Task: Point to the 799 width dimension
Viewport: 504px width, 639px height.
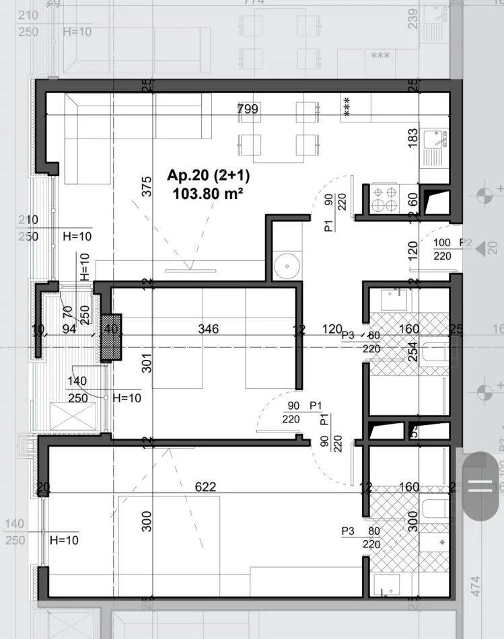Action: pos(248,109)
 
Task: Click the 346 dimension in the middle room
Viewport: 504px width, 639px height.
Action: pos(209,330)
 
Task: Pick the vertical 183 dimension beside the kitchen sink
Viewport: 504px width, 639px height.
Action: pos(412,138)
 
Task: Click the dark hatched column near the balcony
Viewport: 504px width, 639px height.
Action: pos(111,338)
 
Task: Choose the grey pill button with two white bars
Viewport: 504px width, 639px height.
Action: pos(481,486)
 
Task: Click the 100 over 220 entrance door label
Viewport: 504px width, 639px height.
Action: pos(442,249)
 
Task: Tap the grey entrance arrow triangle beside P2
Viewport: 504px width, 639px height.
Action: pos(481,248)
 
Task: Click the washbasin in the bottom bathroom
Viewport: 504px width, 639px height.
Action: pos(386,586)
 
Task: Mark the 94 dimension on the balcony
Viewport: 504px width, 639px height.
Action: pos(69,330)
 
